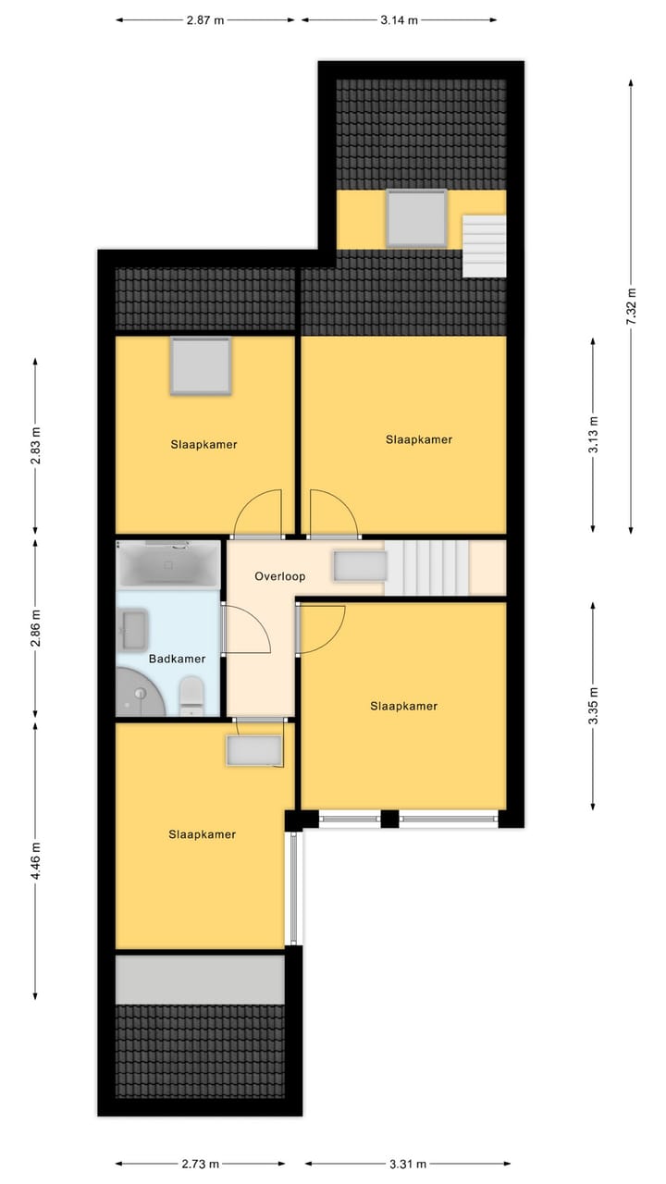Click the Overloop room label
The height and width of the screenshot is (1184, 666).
tap(279, 576)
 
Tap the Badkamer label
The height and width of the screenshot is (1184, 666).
tap(177, 660)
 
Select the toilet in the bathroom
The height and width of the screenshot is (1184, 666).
tap(191, 695)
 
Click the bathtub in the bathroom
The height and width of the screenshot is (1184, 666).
tap(168, 563)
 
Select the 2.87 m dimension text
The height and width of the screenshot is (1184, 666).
tap(204, 19)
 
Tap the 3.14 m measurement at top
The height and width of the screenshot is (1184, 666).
tap(399, 19)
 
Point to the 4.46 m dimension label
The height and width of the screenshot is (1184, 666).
tap(35, 859)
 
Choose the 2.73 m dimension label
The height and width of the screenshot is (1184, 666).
tap(201, 1164)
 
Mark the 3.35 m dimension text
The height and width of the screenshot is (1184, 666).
tap(593, 706)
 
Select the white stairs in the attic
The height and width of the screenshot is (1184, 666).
tap(485, 246)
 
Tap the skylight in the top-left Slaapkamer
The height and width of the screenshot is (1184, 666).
tap(199, 366)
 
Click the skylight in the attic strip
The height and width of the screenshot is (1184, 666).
tap(416, 218)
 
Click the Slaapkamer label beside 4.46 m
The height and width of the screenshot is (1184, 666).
tap(202, 834)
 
